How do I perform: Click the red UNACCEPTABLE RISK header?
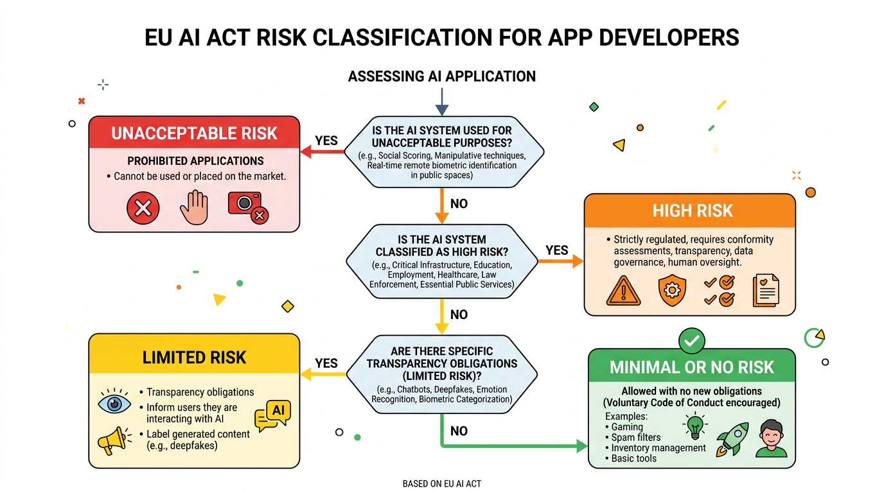194,133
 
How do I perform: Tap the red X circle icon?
143,208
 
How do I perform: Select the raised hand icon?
195,208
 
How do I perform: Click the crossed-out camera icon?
247,207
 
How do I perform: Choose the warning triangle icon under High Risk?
623,291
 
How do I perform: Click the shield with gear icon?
672,291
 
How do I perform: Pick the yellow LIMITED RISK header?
194,357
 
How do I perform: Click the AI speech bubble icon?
273,415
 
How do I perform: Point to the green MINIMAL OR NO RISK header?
692,367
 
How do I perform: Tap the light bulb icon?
695,426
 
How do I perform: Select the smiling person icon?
771,439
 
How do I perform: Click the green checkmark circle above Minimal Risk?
692,342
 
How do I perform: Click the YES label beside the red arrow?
326,141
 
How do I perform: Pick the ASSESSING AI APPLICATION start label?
441,76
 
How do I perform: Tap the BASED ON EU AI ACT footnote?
441,483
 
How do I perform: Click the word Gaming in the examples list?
627,427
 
